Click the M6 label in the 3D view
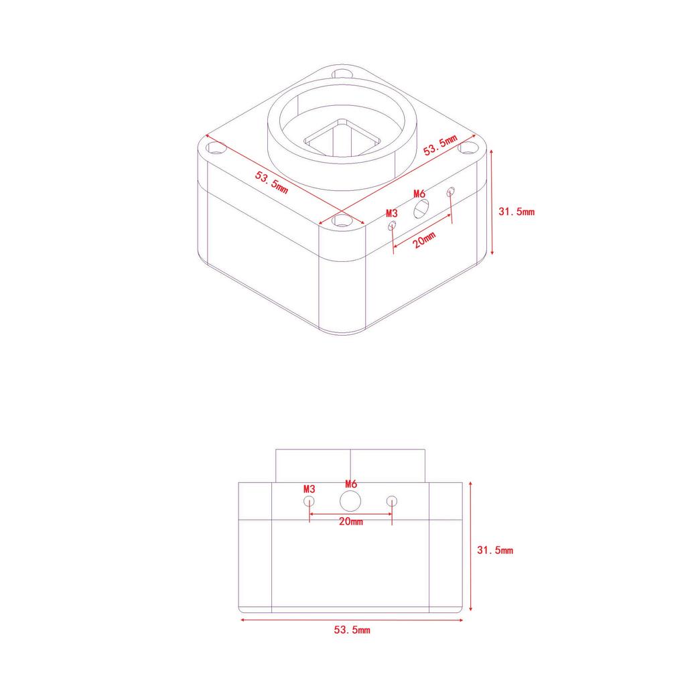[x=419, y=194]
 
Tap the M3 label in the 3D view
[x=391, y=213]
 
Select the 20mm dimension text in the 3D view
[x=424, y=240]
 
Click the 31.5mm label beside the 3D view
[x=517, y=212]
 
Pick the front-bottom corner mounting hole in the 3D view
[x=342, y=221]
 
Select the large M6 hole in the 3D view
[x=421, y=209]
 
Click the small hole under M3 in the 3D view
[x=392, y=225]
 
